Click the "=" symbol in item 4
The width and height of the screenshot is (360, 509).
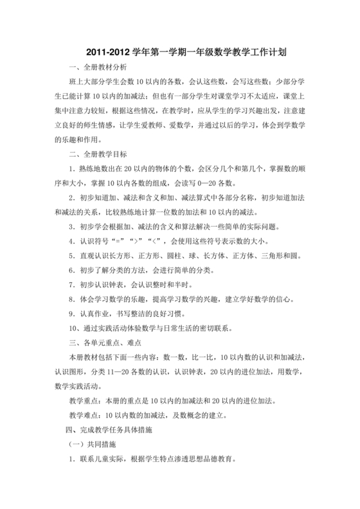(119, 241)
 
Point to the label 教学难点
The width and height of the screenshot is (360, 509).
(84, 415)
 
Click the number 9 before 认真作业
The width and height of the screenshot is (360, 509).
(72, 314)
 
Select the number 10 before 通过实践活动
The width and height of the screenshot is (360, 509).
(74, 328)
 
